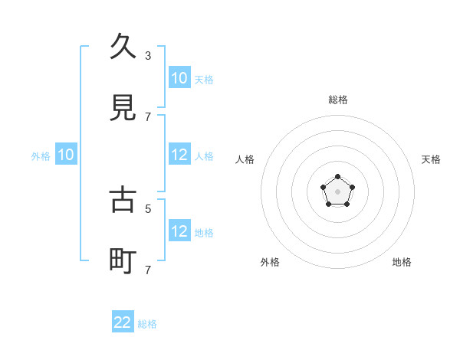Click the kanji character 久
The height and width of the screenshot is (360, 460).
(x=123, y=47)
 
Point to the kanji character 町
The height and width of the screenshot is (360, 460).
(x=123, y=261)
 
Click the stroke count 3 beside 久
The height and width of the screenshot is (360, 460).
(x=148, y=55)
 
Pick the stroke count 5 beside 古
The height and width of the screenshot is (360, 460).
(x=148, y=208)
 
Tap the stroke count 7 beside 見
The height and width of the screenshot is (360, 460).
(x=148, y=116)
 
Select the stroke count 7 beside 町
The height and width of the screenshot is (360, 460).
(x=148, y=270)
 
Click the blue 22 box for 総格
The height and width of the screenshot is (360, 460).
(x=123, y=322)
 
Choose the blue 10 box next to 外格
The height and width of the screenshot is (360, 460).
(x=66, y=155)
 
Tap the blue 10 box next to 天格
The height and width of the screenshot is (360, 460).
(x=179, y=78)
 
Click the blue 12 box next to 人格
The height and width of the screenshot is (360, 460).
(x=179, y=155)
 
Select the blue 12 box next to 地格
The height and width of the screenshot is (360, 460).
(x=179, y=231)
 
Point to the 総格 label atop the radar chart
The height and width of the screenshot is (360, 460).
(x=338, y=100)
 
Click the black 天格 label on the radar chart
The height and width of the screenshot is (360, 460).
(x=432, y=159)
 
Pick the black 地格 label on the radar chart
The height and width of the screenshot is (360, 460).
(x=402, y=262)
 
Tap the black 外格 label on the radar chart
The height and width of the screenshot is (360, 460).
(x=270, y=262)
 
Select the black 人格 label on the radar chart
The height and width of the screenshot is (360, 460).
(x=245, y=159)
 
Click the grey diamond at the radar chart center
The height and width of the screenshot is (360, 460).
(x=338, y=191)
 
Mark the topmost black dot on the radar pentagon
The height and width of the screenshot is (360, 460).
(x=338, y=178)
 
